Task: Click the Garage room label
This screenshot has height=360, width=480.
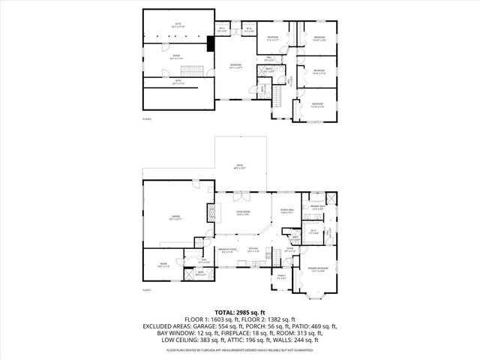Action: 176,217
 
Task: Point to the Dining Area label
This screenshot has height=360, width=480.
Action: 287,211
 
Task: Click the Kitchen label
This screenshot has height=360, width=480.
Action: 253,250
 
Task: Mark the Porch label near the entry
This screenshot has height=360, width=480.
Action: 281,277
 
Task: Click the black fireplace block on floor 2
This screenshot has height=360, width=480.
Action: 212,43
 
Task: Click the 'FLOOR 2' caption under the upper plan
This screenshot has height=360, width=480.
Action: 147,118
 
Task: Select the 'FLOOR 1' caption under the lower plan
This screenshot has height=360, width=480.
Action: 147,289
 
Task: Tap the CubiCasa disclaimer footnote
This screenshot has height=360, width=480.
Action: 239,349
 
